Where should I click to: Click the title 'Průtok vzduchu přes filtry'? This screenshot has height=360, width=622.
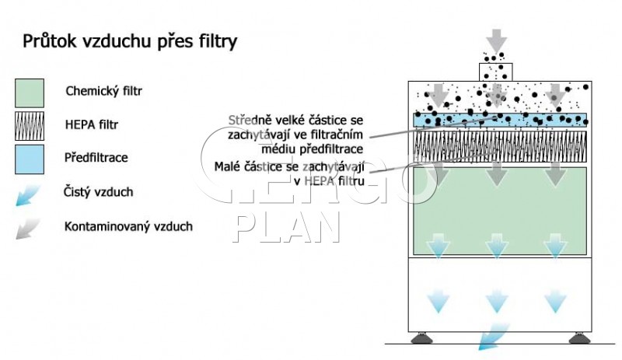(130, 42)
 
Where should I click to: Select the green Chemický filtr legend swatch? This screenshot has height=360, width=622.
(30, 93)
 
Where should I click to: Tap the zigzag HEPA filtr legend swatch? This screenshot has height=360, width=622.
(30, 126)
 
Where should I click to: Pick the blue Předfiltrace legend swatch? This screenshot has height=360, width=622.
(30, 159)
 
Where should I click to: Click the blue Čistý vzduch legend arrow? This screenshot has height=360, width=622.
(28, 195)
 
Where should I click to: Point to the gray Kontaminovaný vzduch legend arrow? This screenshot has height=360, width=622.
(28, 229)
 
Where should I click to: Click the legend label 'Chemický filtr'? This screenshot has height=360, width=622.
(103, 91)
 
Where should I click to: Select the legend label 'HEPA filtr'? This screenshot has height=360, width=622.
(92, 124)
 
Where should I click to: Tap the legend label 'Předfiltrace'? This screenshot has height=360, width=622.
(96, 158)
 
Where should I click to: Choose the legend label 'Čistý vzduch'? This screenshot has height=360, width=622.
(98, 192)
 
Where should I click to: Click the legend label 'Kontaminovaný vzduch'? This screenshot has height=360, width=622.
(128, 226)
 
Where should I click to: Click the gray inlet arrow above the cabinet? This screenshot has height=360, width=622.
(496, 40)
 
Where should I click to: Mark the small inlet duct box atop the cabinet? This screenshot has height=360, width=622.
(495, 72)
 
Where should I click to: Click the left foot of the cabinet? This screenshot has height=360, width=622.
(421, 338)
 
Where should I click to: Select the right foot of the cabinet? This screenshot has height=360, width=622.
(579, 338)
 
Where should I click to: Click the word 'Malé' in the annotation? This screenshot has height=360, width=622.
(227, 166)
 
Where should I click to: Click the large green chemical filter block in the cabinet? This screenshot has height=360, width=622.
(500, 211)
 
